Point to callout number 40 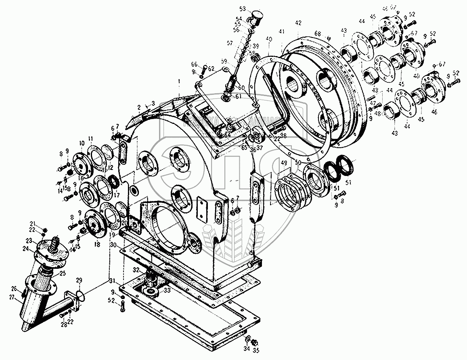pyautogui.click(x=268, y=39)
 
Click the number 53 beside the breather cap pyautogui.click(x=242, y=8)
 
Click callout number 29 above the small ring pyautogui.click(x=79, y=280)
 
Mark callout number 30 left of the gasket pyautogui.click(x=114, y=245)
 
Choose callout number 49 pyautogui.click(x=284, y=163)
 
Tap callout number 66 pyautogui.click(x=195, y=65)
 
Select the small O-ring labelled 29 pyautogui.click(x=81, y=296)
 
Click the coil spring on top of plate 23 pyautogui.click(x=54, y=244)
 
